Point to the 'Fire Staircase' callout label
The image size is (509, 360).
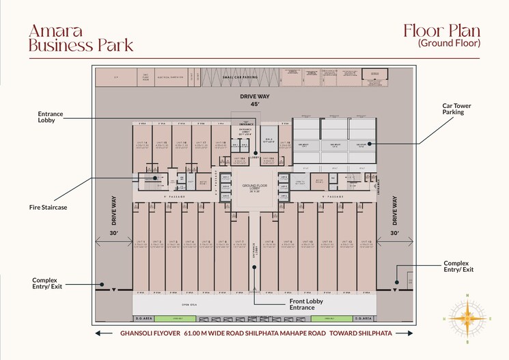pyautogui.click(x=49, y=206)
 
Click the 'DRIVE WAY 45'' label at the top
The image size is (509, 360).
pyautogui.click(x=254, y=100)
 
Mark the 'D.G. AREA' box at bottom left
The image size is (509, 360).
pyautogui.click(x=143, y=318)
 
